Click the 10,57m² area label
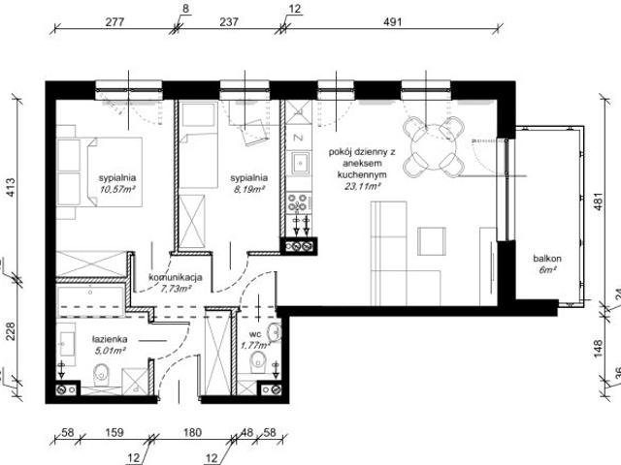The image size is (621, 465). (116, 191)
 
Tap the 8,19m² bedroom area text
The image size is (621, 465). (248, 191)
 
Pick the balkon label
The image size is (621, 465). (545, 260)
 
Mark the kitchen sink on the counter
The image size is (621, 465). (299, 163)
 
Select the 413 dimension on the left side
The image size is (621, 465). (12, 188)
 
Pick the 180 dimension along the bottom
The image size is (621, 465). (192, 434)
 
